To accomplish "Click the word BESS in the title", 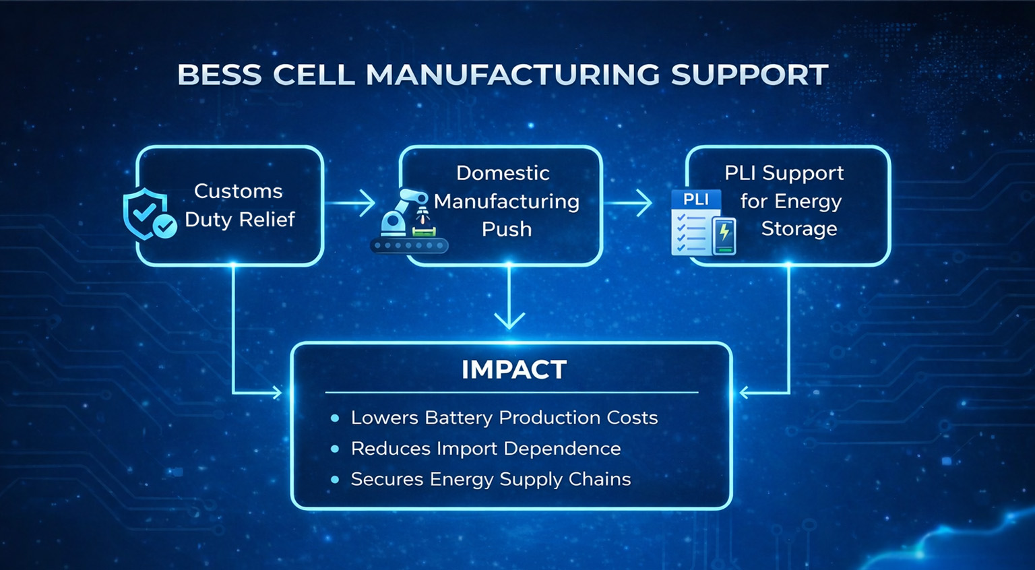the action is point(220,74).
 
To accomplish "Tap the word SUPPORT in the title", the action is point(749,74).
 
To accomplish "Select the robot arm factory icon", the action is point(409,221).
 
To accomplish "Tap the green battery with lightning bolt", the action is point(724,236).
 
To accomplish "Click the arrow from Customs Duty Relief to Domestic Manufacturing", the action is point(350,203).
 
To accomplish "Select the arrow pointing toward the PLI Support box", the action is point(627,203).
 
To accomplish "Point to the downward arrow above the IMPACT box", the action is point(509,298).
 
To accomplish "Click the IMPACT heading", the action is point(514,369).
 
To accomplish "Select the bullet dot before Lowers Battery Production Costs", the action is point(335,418).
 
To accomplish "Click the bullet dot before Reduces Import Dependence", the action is point(335,449).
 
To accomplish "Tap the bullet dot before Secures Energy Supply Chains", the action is point(335,480).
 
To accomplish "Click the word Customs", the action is point(238,191).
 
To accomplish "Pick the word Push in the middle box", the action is point(507,229).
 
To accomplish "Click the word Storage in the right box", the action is point(799,229).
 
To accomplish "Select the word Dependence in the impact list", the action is point(562,449).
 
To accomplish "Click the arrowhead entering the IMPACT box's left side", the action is point(277,393).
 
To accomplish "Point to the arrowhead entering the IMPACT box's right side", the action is point(745,393).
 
